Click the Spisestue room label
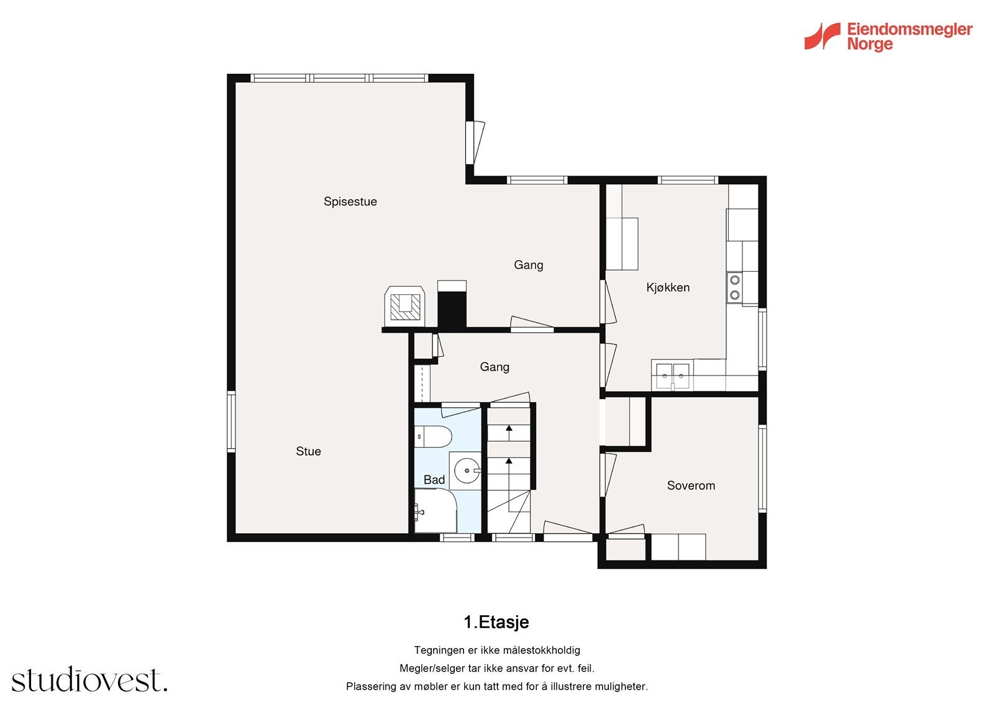point(350,202)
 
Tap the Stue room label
point(308,451)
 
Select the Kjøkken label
point(668,288)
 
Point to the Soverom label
point(691,485)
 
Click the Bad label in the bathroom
point(434,480)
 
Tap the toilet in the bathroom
point(433,437)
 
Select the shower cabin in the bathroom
point(435,510)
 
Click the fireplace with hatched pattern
point(404,306)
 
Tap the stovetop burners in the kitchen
point(734,287)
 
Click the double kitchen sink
point(672,375)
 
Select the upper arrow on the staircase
point(509,433)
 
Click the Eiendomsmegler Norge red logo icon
point(823,37)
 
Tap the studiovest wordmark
point(89,679)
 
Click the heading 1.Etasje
point(496,622)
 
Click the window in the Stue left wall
point(230,421)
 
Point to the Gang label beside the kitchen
point(528,265)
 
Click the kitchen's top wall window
point(687,180)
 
